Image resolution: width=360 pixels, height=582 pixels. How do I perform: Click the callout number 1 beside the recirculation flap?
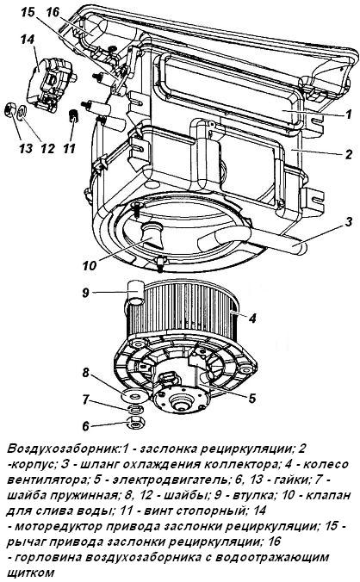[348, 114]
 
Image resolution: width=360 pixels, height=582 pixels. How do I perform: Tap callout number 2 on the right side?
[348, 153]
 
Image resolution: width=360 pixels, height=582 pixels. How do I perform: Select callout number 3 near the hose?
[348, 222]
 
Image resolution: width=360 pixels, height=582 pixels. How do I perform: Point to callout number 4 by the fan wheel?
[252, 318]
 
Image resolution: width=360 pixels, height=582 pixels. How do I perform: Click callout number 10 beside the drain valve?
[90, 265]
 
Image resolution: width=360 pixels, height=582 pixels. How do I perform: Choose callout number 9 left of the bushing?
[86, 293]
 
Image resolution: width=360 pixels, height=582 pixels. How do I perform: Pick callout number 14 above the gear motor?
[28, 39]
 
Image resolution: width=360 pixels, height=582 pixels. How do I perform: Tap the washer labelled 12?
[22, 112]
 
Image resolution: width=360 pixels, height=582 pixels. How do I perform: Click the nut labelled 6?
[134, 423]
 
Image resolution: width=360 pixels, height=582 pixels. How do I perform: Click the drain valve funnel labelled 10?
[152, 234]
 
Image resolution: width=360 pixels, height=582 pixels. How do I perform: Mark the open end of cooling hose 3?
[204, 245]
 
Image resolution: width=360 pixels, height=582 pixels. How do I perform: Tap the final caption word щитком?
[30, 573]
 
